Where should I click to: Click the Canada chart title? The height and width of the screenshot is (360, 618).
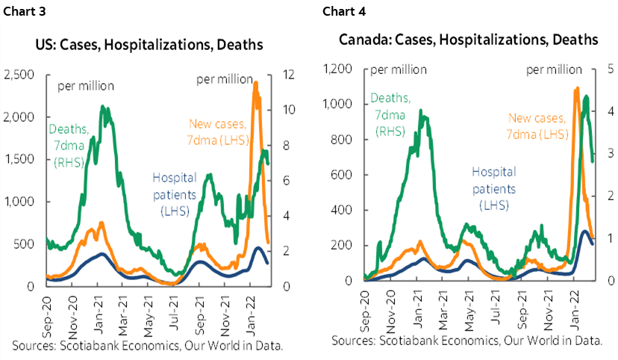[x=468, y=39]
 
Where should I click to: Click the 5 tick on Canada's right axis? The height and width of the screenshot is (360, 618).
[x=611, y=69]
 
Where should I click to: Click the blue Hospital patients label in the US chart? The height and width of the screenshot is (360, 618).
[x=175, y=194]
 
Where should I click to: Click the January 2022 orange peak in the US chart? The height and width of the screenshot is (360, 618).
[x=255, y=83]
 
